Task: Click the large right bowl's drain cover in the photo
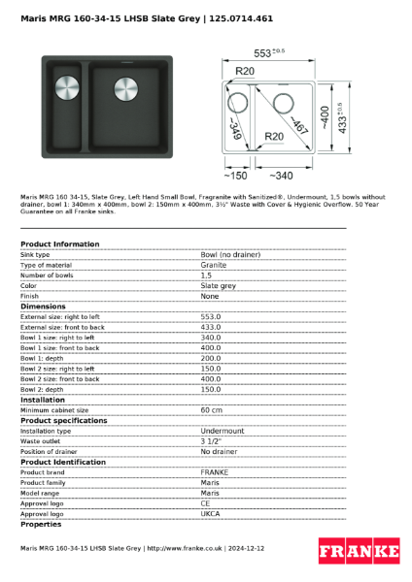click(126, 88)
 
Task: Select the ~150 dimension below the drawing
click(234, 176)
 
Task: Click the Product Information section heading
click(59, 244)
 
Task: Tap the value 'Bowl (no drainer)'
click(230, 254)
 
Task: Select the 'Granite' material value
click(214, 265)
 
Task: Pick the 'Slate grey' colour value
click(218, 286)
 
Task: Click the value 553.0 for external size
click(211, 317)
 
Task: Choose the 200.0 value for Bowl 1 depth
click(211, 358)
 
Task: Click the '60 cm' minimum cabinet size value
click(213, 410)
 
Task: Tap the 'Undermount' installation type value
click(223, 431)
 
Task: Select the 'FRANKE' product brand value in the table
click(215, 472)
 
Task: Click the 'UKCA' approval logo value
click(211, 514)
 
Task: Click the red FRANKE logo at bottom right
click(359, 552)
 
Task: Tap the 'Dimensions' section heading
click(43, 307)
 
